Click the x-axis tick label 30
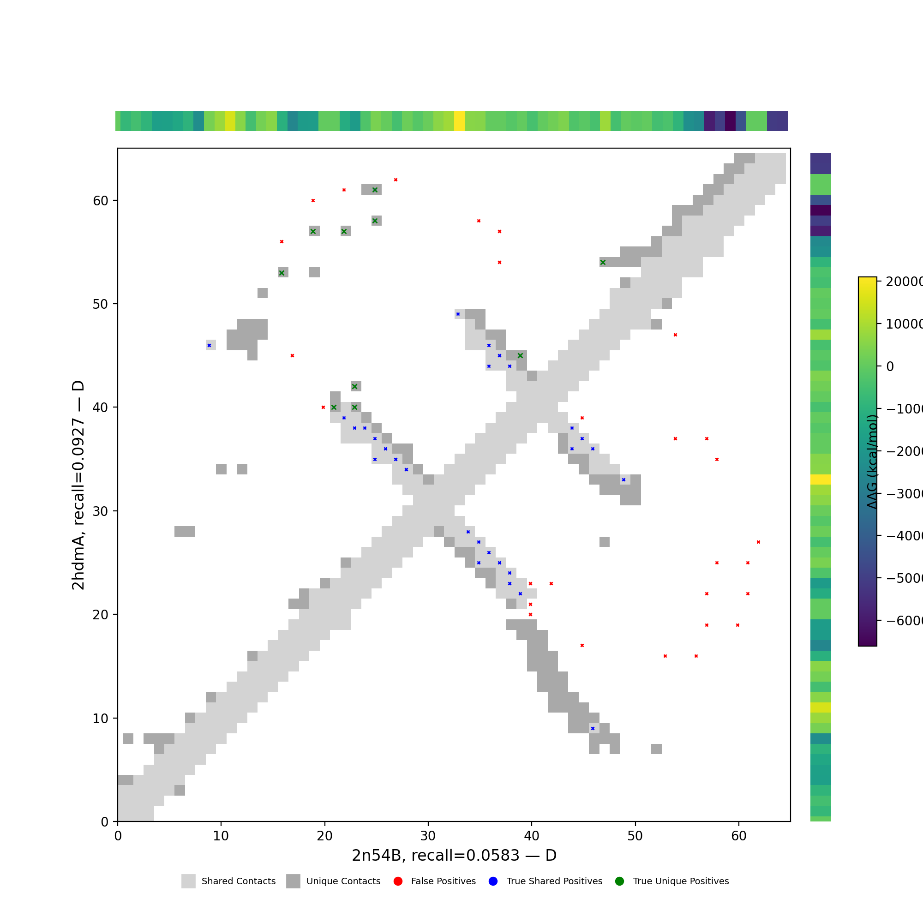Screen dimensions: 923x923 (x=428, y=836)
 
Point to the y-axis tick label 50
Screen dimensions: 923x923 (x=100, y=304)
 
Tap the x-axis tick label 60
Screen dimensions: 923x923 (x=738, y=836)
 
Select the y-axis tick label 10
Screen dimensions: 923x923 (x=100, y=718)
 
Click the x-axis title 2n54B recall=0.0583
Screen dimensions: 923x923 (x=454, y=856)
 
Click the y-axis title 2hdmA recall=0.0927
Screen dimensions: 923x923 (x=78, y=485)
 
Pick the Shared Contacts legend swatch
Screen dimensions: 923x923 (x=188, y=881)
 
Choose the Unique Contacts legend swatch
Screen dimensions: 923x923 (x=294, y=881)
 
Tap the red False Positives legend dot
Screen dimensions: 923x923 (x=398, y=881)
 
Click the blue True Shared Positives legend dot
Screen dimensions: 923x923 (x=493, y=881)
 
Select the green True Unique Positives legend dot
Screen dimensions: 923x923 (x=620, y=881)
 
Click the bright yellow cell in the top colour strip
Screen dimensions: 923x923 (x=459, y=121)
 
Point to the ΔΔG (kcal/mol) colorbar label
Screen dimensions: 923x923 (x=872, y=461)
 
